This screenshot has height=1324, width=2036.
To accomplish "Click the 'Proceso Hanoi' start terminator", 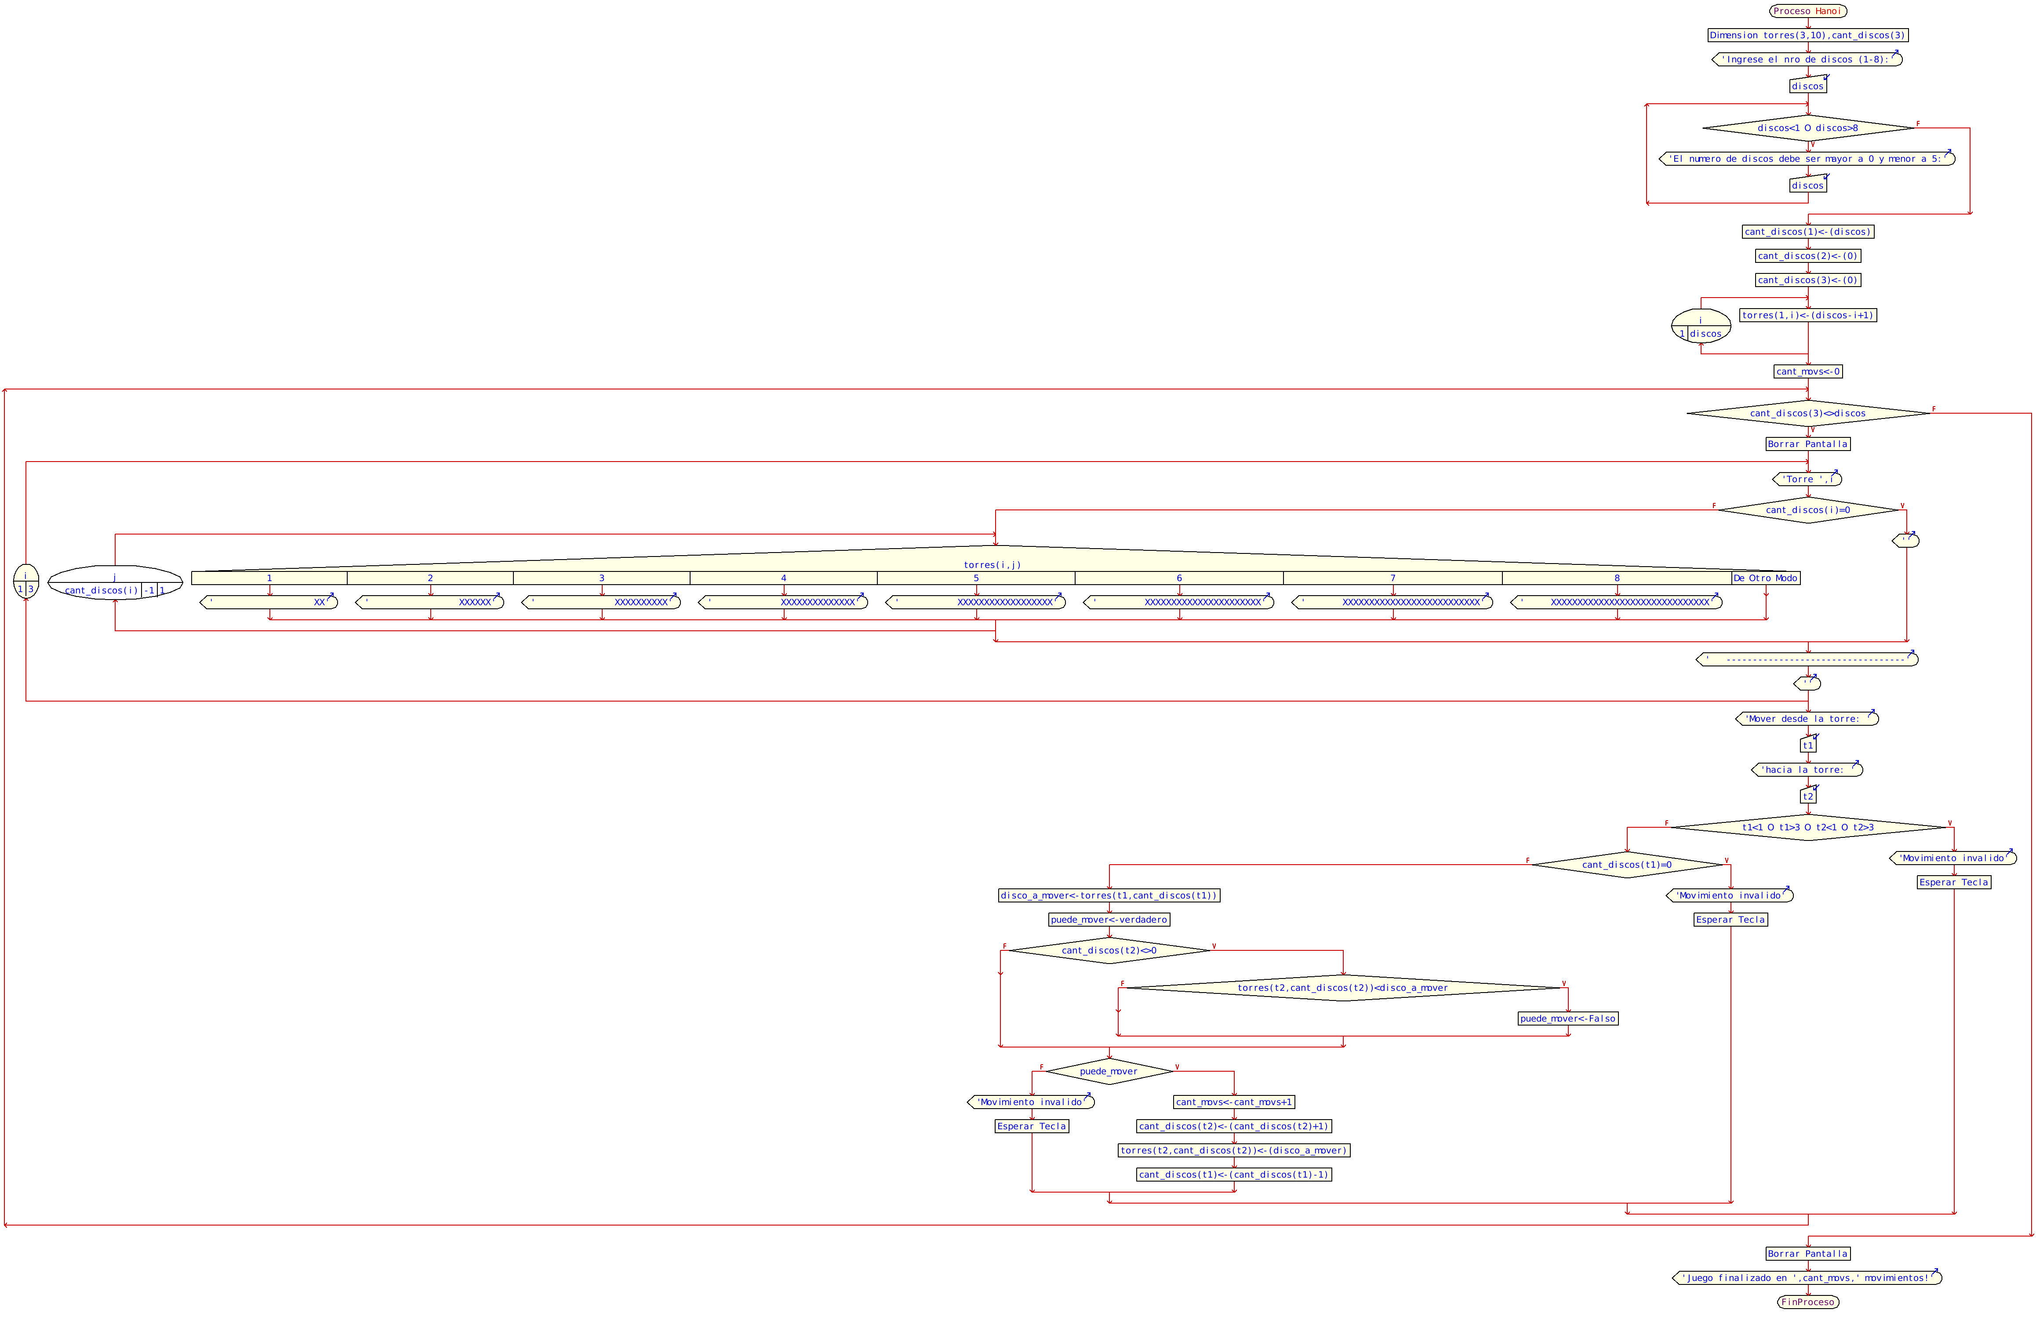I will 1807,11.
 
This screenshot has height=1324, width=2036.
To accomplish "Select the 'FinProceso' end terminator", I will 1807,1302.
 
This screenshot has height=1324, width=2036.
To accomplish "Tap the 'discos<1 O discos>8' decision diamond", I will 1807,128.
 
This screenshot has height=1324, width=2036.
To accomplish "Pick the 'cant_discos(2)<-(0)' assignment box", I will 1807,256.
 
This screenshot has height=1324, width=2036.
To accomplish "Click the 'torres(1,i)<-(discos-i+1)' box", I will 1807,315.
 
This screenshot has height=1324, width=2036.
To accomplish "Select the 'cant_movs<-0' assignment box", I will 1807,371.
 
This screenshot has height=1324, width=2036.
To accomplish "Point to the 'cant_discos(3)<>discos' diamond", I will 1807,413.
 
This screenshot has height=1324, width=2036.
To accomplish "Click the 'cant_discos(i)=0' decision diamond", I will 1807,510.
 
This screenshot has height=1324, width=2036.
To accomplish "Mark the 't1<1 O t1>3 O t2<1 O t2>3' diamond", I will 1807,827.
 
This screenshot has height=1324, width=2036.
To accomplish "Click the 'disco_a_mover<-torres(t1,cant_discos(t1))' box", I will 1109,895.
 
